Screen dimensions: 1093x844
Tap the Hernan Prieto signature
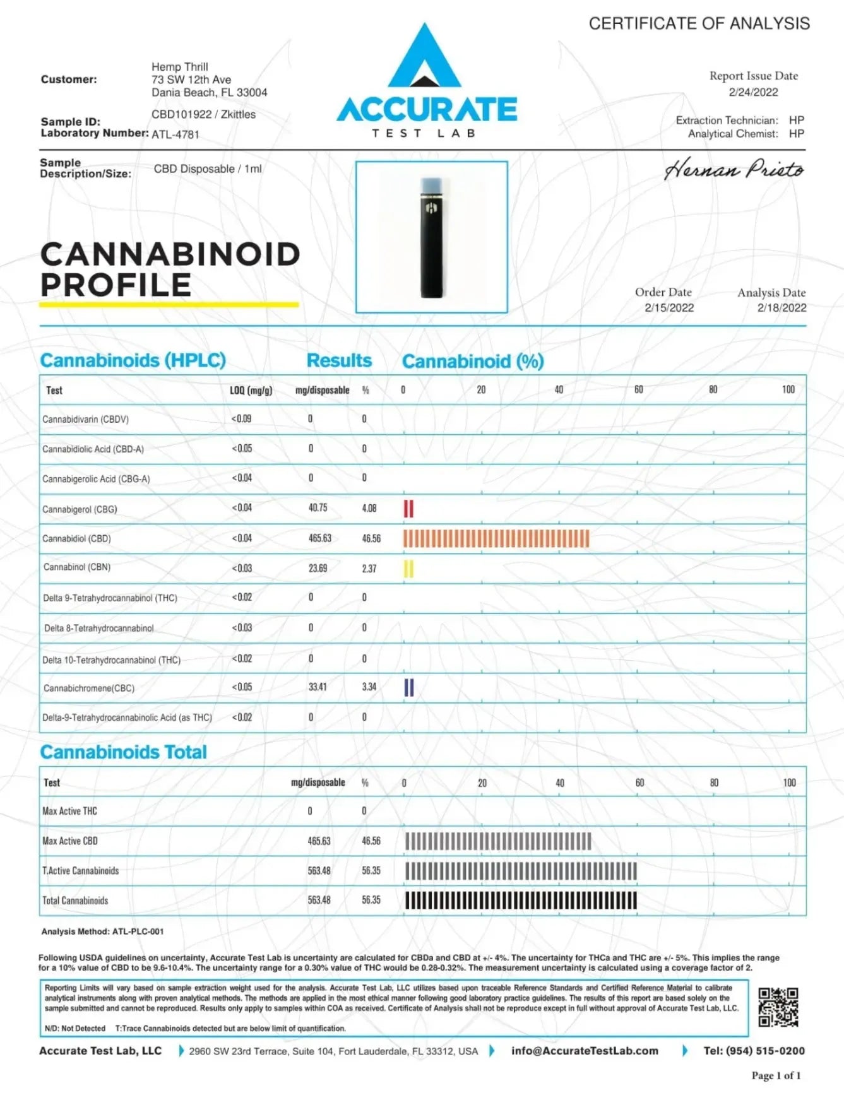pyautogui.click(x=734, y=170)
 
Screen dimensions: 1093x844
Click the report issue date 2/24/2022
pyautogui.click(x=753, y=92)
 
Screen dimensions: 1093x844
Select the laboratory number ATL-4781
pyautogui.click(x=175, y=134)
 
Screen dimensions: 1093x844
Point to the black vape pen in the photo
pyautogui.click(x=432, y=238)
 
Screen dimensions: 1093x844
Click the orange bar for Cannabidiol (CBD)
pyautogui.click(x=496, y=538)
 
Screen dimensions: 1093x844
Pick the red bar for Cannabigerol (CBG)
pyautogui.click(x=408, y=509)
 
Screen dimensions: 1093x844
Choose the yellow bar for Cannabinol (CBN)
pyautogui.click(x=408, y=569)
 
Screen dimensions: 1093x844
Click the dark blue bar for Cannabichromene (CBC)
pyautogui.click(x=408, y=687)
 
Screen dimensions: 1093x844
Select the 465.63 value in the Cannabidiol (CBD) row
pyautogui.click(x=319, y=538)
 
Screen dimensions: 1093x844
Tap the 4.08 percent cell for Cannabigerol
pyautogui.click(x=369, y=509)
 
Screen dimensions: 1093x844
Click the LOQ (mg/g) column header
pyautogui.click(x=251, y=391)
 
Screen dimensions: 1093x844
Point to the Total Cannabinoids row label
pyautogui.click(x=75, y=901)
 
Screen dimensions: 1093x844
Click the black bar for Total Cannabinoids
pyautogui.click(x=521, y=901)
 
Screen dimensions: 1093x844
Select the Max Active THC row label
pyautogui.click(x=69, y=811)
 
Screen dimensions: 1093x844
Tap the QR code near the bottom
pyautogui.click(x=778, y=1007)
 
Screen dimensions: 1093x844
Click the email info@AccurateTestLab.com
pyautogui.click(x=585, y=1051)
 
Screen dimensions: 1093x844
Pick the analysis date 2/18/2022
pyautogui.click(x=782, y=308)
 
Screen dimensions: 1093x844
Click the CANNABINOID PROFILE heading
pyautogui.click(x=170, y=269)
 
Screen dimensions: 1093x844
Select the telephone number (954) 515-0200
pyautogui.click(x=754, y=1051)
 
